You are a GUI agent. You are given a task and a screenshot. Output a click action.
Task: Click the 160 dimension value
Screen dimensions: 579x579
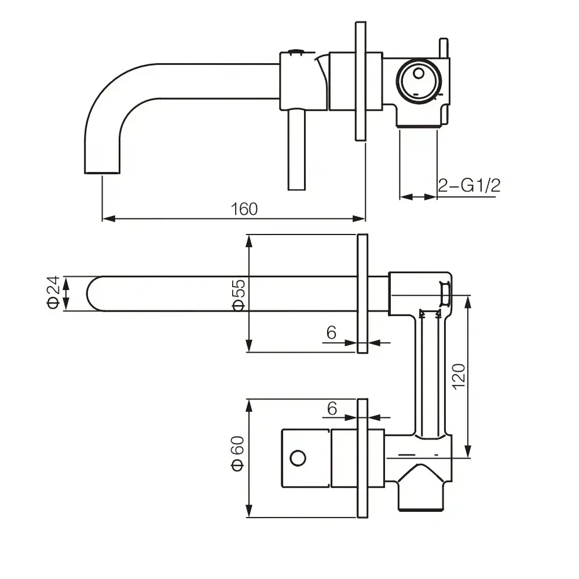click(x=244, y=209)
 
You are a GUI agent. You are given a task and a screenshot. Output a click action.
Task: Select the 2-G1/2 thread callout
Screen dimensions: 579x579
click(x=469, y=185)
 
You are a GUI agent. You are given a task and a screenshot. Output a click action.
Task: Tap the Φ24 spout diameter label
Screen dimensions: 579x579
click(x=53, y=292)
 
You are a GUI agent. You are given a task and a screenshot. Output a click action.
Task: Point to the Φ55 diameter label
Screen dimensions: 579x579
click(x=239, y=295)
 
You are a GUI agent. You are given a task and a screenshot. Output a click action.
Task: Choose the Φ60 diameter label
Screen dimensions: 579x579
click(x=238, y=453)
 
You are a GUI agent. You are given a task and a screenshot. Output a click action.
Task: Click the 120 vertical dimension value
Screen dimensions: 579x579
click(x=459, y=376)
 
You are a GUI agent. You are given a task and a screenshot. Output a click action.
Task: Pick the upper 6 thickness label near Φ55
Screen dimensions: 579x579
click(x=331, y=333)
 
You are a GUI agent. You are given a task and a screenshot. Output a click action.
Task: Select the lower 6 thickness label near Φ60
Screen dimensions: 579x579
click(x=332, y=408)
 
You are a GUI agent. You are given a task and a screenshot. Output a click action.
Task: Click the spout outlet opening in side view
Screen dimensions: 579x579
click(x=102, y=173)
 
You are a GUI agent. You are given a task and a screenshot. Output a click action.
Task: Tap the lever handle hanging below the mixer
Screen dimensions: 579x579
click(x=296, y=150)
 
